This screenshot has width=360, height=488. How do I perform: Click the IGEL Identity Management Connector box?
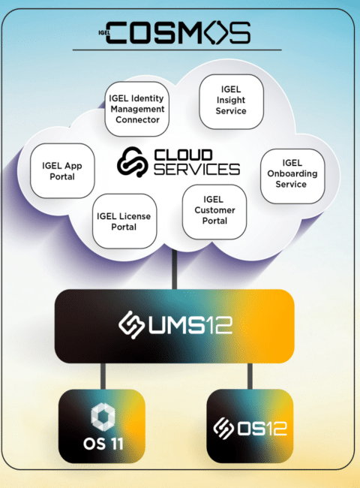point(136,109)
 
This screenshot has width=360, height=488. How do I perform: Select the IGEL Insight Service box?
point(231,101)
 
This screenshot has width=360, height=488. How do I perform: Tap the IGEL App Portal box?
point(62,171)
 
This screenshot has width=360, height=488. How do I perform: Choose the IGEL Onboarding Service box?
point(292,176)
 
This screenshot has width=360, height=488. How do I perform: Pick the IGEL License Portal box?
point(124,221)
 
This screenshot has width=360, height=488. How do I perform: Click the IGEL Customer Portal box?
point(214,212)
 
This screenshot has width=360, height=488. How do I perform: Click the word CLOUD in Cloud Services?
point(184,155)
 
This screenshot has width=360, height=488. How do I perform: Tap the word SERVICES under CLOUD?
point(196,170)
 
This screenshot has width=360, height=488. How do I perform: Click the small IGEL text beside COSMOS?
point(103,32)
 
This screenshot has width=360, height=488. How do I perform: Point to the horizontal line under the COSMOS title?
point(177,50)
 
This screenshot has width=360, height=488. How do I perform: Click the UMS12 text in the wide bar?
point(190,325)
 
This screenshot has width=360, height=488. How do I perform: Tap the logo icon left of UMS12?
point(131,324)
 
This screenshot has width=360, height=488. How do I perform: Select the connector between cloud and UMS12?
point(175,270)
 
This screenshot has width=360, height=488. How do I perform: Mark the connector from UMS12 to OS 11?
point(103,376)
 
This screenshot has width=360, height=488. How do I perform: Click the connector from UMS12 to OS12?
point(250,376)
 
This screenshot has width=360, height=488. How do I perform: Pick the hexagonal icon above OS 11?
point(103,417)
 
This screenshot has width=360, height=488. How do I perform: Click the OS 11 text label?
point(103,444)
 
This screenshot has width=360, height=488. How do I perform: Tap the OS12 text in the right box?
point(262,429)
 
